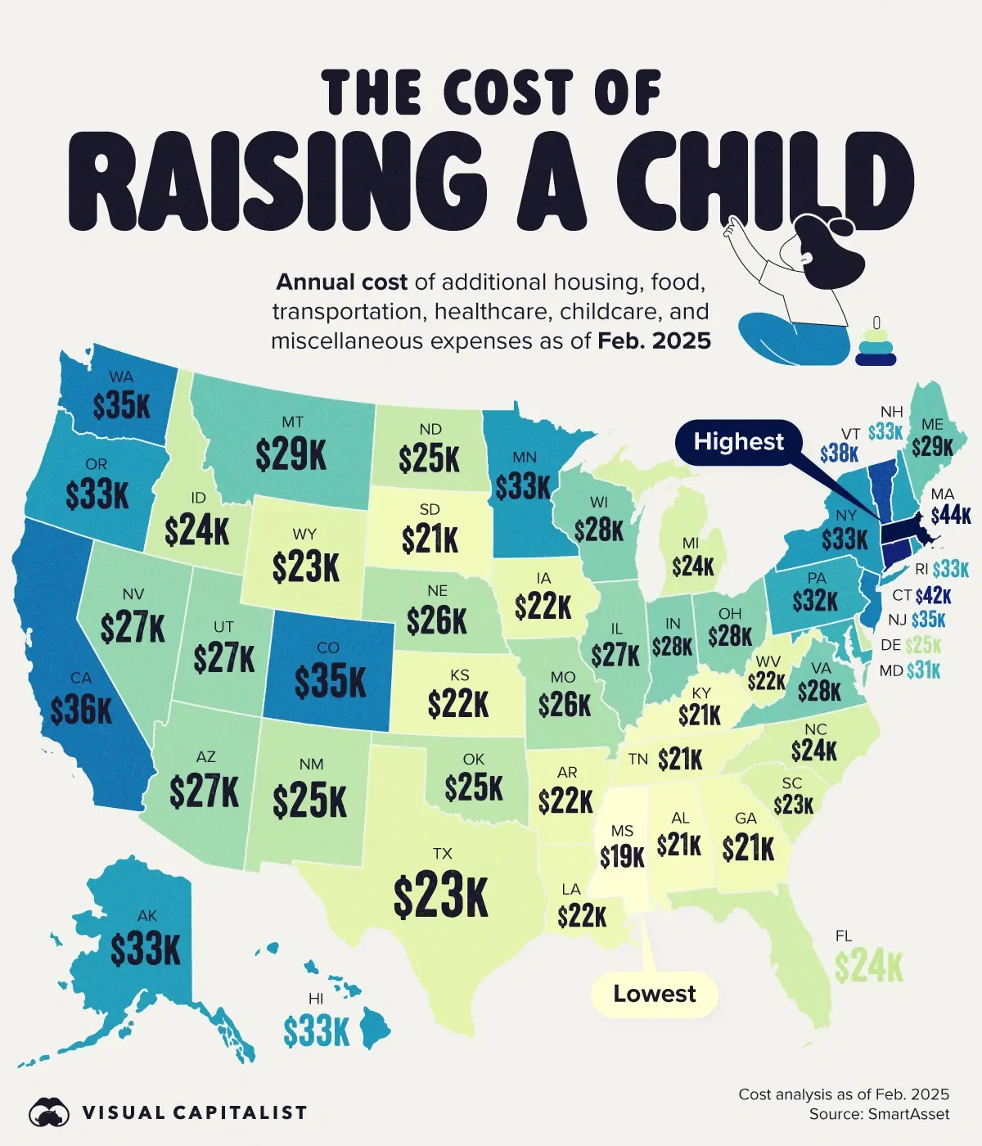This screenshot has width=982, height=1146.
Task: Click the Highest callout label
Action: (x=738, y=443)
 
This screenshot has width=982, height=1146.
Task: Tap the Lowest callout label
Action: (x=655, y=995)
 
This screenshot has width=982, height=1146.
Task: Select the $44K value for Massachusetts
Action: (x=951, y=515)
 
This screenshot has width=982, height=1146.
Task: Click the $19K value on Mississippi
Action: (x=622, y=856)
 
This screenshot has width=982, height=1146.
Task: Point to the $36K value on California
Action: (x=81, y=711)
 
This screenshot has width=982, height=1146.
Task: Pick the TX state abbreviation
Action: (x=442, y=854)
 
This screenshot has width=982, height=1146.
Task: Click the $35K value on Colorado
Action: (x=330, y=681)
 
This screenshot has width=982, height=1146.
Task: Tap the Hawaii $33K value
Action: (x=317, y=1031)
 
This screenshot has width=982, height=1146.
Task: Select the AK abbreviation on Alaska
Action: (x=147, y=916)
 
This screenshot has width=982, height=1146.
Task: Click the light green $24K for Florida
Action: (x=868, y=967)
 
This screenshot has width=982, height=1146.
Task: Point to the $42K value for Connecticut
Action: (x=933, y=596)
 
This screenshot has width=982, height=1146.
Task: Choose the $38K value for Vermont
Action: (x=839, y=453)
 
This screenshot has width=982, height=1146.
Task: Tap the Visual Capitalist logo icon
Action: (x=50, y=1112)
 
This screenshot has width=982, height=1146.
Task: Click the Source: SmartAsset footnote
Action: (x=879, y=1114)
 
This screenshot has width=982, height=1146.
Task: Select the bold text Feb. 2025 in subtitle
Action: (x=654, y=341)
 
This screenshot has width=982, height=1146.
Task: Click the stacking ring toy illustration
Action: (x=876, y=344)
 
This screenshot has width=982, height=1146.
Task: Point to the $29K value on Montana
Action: (x=291, y=455)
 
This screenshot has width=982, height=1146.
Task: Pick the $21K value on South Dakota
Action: (x=430, y=539)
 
